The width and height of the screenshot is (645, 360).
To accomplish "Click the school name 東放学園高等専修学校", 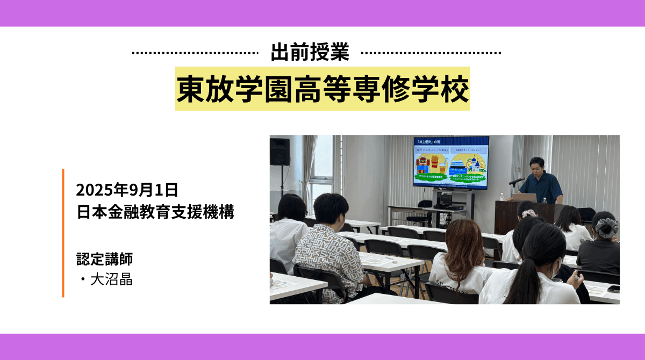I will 322,89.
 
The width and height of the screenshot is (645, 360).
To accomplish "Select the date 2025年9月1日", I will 127,190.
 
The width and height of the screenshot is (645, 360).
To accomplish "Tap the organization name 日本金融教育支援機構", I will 155,212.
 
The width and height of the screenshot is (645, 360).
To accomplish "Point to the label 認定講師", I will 104,259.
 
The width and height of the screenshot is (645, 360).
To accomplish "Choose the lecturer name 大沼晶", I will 111,280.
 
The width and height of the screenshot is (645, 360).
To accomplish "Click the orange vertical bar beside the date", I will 63,233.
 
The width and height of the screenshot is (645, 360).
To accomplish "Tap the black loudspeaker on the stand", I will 279,152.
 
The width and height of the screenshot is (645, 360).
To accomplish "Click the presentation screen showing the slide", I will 451,162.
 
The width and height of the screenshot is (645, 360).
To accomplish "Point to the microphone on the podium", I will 517,181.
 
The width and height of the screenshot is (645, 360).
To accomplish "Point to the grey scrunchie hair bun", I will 607,227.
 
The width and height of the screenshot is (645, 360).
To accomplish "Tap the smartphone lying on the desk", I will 613,289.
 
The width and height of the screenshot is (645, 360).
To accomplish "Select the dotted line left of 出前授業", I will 195,53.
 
